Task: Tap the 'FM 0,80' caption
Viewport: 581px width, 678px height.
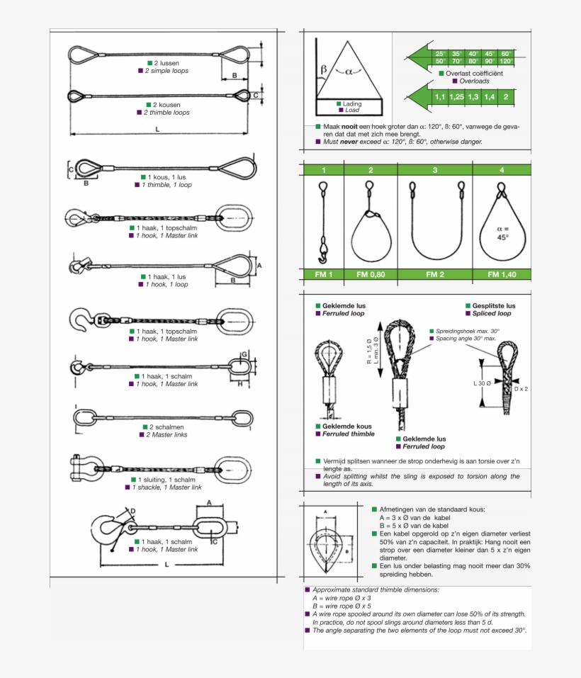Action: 371,274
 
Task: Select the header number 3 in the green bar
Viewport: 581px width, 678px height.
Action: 434,170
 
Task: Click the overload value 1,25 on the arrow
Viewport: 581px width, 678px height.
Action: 456,96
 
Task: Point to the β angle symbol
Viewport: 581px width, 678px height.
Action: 324,69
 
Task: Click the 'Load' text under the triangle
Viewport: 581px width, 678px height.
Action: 352,111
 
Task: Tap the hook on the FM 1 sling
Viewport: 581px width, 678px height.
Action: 324,251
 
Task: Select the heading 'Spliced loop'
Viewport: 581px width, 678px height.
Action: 491,313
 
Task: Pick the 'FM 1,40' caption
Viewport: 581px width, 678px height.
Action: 502,274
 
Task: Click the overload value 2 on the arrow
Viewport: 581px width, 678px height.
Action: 506,96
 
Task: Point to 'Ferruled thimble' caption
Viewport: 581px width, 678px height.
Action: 348,434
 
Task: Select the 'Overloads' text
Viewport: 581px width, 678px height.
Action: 473,81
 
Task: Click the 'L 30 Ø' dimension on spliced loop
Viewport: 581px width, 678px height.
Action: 483,383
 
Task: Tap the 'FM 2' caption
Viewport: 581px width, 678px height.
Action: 434,274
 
